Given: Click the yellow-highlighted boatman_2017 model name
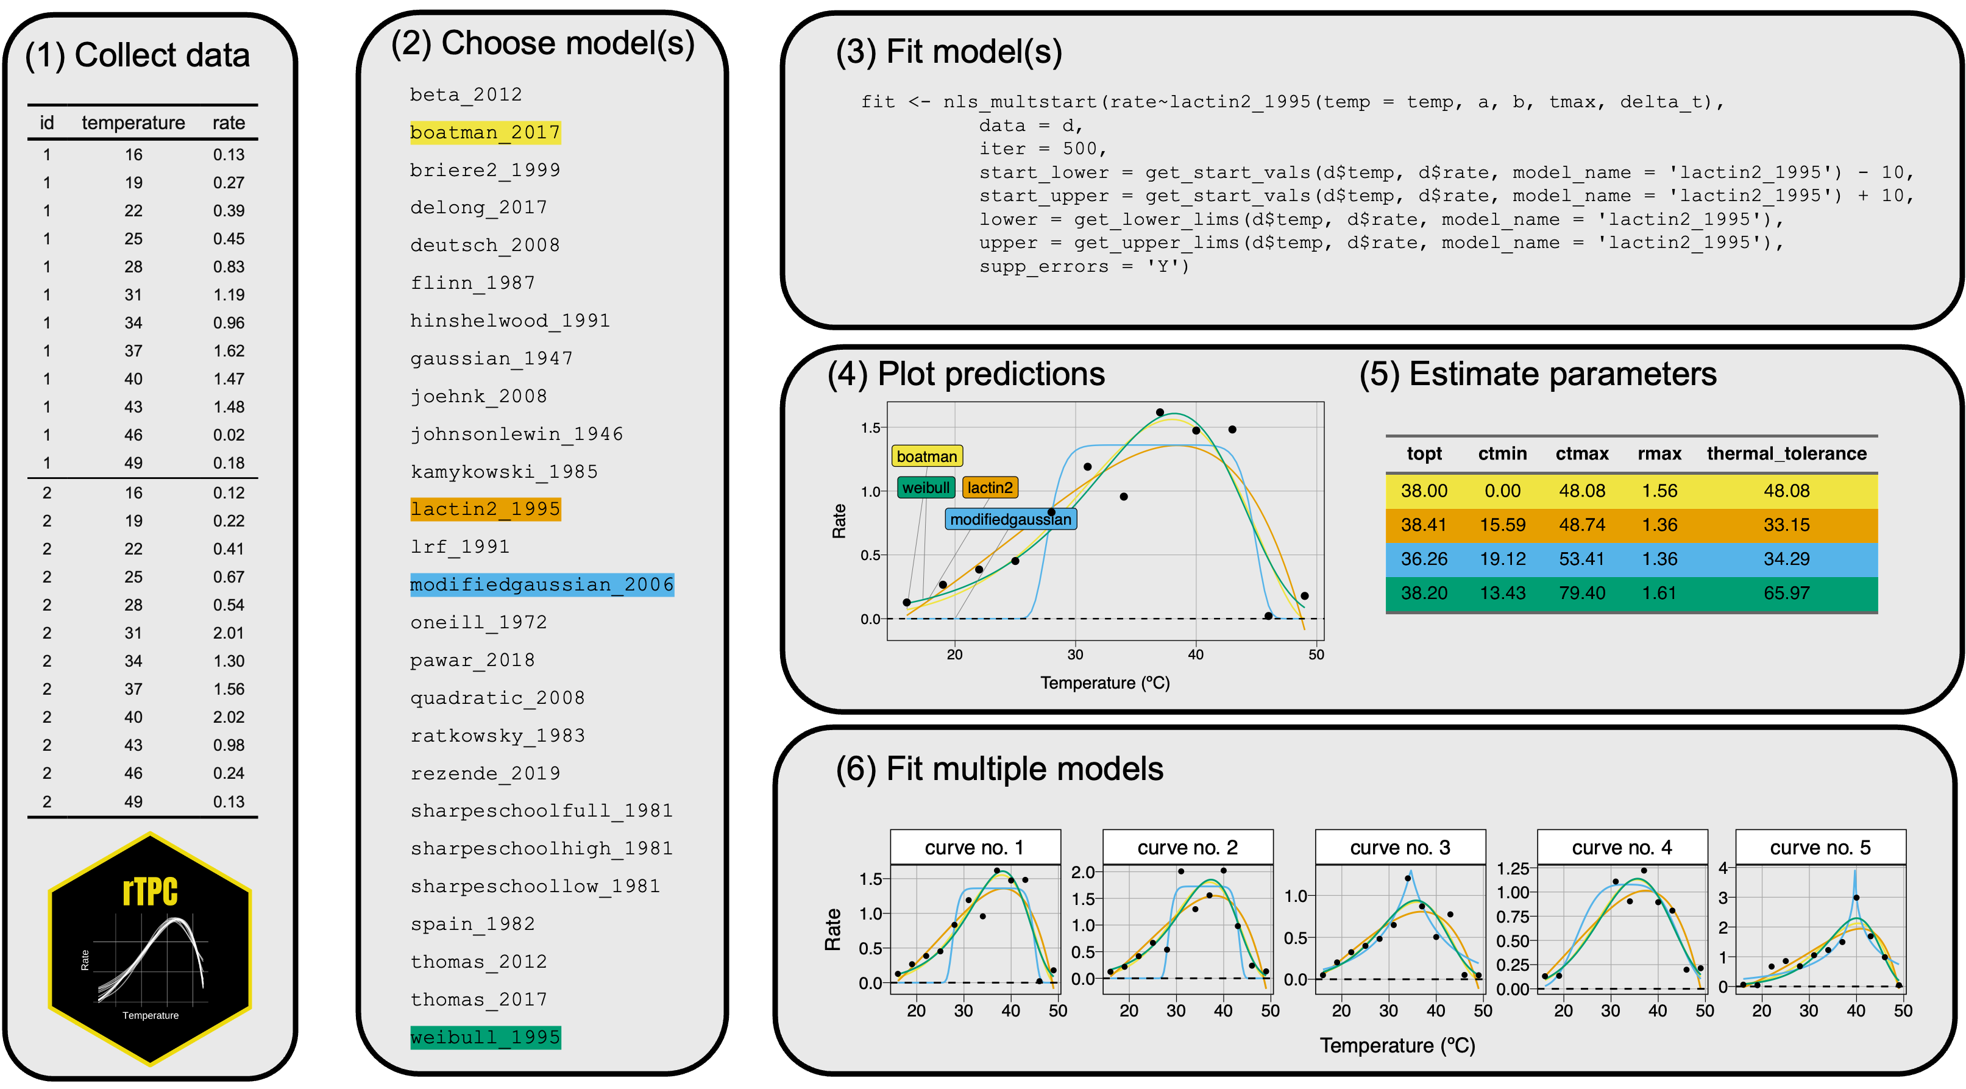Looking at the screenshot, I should click(x=484, y=133).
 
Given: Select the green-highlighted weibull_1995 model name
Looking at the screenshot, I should click(x=484, y=1037).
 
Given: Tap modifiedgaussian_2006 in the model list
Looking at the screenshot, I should click(x=541, y=584).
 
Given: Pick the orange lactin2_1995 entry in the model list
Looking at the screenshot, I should click(x=484, y=509).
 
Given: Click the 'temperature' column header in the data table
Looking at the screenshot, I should click(x=133, y=123).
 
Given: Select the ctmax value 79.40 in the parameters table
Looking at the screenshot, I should click(x=1581, y=593).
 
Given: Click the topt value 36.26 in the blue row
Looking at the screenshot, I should click(x=1424, y=559).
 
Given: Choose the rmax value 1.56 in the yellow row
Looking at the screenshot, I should click(x=1659, y=491).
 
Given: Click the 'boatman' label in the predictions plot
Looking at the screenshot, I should click(x=926, y=456).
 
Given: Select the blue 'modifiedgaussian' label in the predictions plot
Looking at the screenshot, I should click(x=1010, y=520).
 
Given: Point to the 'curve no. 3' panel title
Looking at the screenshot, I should click(x=1400, y=848).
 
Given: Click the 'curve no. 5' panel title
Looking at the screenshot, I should click(x=1820, y=848).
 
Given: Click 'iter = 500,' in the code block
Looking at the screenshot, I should click(x=1043, y=149).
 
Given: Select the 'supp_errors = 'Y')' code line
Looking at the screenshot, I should click(x=1084, y=266).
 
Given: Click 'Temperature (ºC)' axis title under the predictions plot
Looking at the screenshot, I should click(x=1104, y=683).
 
